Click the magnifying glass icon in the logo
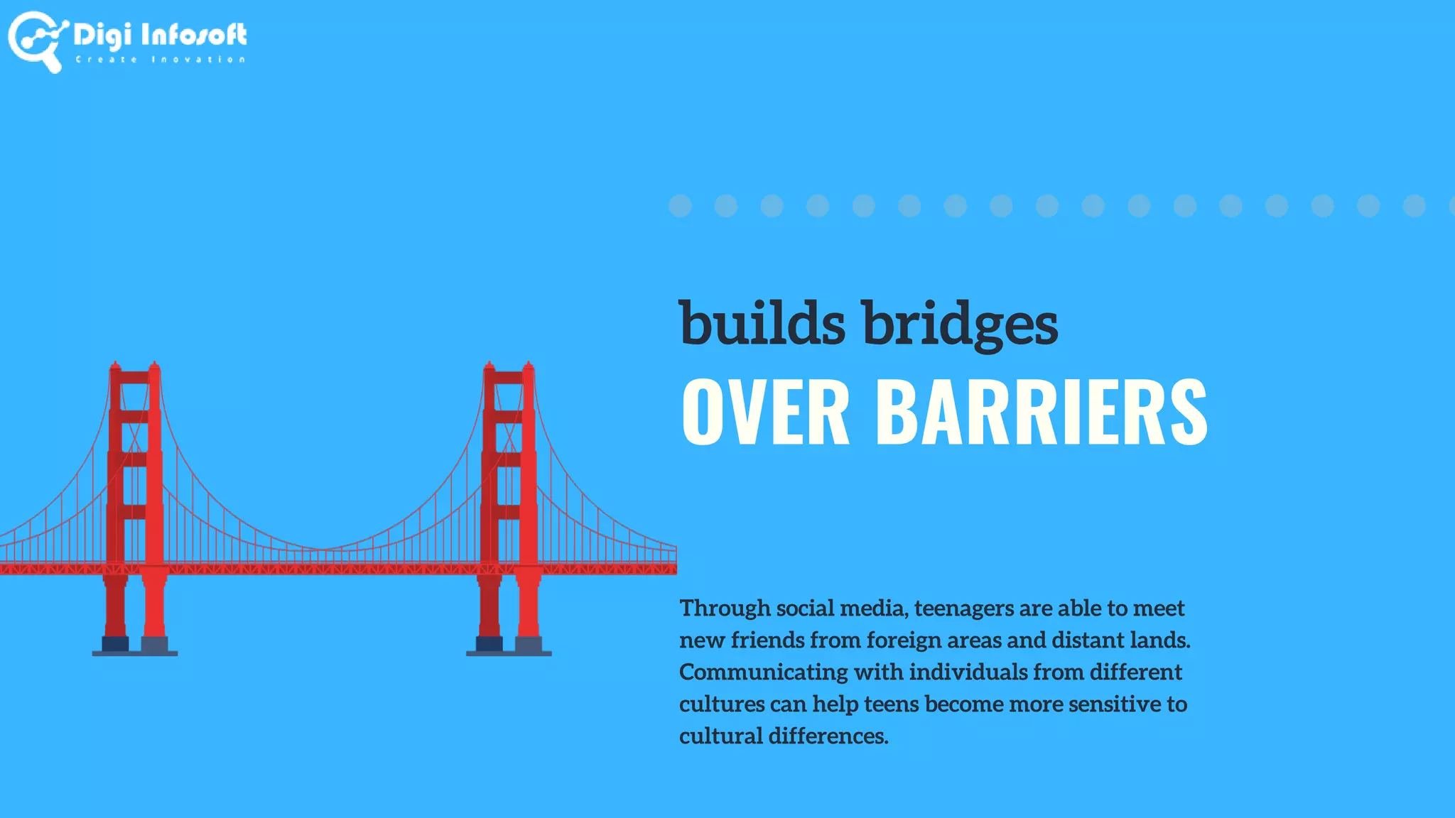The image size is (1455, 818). tap(36, 41)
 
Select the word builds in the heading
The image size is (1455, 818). tap(762, 323)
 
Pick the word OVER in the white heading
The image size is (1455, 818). tap(765, 412)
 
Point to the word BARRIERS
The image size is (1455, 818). tap(1042, 412)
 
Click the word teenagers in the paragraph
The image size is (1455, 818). tap(964, 609)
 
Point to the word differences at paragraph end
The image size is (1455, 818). tap(828, 736)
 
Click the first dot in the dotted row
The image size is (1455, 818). tap(680, 206)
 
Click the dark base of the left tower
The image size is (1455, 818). tap(135, 645)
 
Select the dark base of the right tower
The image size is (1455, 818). tap(509, 645)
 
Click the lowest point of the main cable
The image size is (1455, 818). tap(321, 549)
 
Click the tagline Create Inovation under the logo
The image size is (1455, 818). tap(161, 60)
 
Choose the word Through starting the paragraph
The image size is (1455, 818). tap(725, 609)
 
